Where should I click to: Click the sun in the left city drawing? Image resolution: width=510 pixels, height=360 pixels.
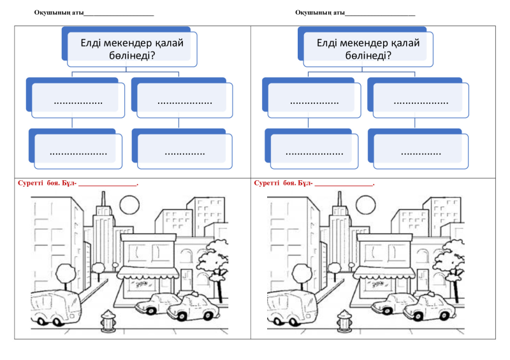pos(129,205)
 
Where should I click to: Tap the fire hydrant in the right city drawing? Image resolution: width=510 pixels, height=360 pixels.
pos(344,321)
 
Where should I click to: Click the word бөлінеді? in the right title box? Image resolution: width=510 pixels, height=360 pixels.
pos(368,55)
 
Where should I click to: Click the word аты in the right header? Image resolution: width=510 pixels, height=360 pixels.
pos(339,13)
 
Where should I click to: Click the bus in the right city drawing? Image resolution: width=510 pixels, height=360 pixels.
pos(291,308)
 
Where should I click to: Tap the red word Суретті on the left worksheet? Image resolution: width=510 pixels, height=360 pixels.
pos(31,183)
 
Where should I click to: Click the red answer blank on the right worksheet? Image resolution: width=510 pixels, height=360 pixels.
pos(344,185)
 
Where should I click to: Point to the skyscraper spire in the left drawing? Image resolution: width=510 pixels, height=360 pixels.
pos(103,199)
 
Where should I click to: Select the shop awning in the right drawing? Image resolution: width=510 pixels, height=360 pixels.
pos(384,273)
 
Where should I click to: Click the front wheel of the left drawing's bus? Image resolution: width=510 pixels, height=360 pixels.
pos(41,321)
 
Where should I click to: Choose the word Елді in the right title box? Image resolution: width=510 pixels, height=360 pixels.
pos(327,43)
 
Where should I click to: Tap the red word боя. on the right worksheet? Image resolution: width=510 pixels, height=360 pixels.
pos(289,183)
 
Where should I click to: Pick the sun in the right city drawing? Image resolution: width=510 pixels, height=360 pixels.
pos(365,205)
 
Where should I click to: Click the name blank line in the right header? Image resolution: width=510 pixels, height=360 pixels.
pos(380,15)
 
